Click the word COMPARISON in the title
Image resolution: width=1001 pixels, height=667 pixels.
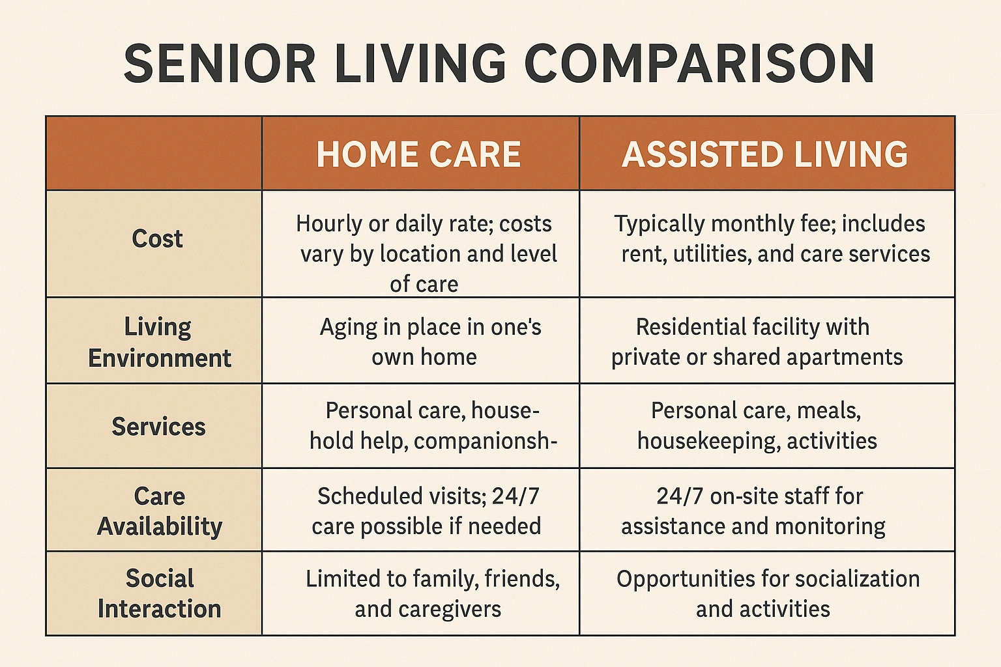[699, 64]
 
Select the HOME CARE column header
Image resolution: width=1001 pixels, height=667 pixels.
[419, 154]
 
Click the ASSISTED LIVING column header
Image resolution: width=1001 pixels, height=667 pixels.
[765, 154]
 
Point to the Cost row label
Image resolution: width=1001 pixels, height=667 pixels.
[157, 239]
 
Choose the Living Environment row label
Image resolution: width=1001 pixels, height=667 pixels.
[159, 342]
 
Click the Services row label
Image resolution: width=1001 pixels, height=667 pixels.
[158, 427]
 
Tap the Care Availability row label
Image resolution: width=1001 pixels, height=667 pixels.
[160, 511]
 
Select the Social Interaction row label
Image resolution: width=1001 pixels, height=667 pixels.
[160, 593]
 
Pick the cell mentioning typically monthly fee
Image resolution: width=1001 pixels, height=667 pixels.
[772, 238]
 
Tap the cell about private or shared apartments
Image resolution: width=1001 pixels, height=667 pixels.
[756, 341]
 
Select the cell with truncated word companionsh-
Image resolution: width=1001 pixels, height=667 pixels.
[432, 425]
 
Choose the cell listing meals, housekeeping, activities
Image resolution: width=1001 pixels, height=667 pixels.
[757, 425]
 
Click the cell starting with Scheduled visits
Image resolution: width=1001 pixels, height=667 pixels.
[427, 511]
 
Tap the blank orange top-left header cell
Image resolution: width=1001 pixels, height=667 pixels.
[154, 154]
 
